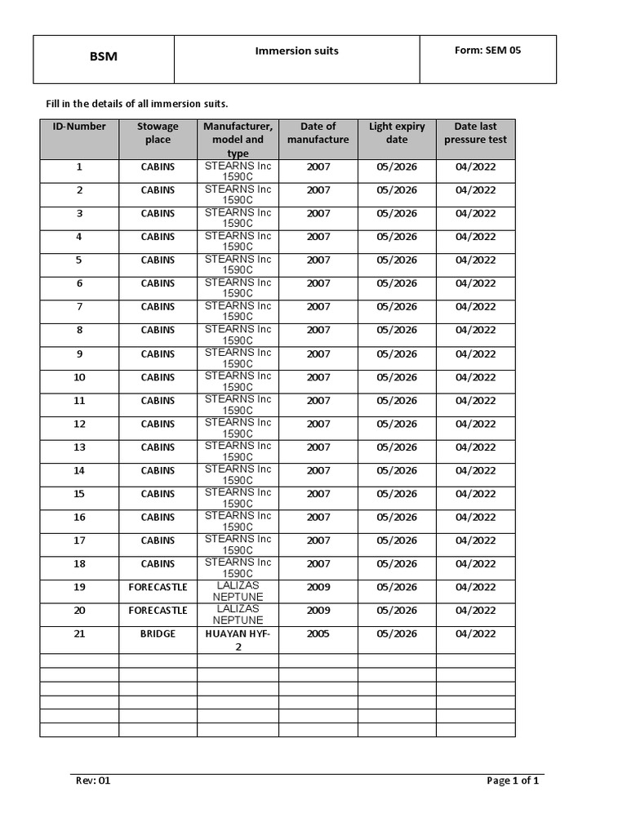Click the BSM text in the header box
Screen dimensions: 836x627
point(103,57)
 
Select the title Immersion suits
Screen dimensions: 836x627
point(296,51)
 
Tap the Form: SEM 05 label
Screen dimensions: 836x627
point(487,51)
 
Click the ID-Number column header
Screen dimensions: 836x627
point(79,127)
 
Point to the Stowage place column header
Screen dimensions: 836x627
point(158,133)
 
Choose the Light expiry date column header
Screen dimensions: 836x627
point(397,133)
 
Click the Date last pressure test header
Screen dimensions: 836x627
point(475,133)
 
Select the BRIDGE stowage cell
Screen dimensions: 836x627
point(158,634)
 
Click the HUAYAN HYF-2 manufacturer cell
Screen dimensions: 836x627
point(238,640)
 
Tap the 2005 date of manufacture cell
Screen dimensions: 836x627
point(318,634)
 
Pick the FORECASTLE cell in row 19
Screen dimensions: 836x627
point(158,587)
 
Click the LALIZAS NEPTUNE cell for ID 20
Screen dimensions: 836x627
point(238,615)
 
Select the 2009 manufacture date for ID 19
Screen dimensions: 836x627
point(318,587)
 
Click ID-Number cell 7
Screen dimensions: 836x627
point(79,307)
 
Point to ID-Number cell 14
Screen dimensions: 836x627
point(79,470)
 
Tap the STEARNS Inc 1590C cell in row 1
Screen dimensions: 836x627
point(238,171)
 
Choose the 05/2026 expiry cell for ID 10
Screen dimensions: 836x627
point(397,377)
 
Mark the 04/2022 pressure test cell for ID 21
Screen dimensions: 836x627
point(475,634)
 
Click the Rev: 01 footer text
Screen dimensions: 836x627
point(93,780)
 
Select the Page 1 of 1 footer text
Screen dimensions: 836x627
point(513,780)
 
